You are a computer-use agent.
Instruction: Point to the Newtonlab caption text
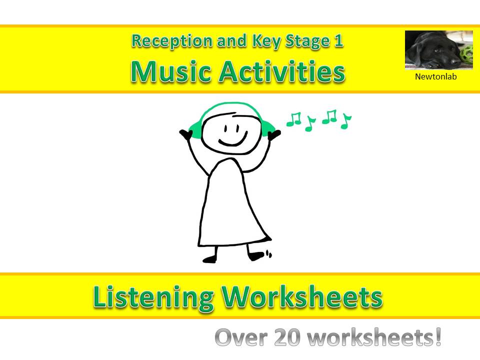coord(436,77)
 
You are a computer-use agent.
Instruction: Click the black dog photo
coord(438,49)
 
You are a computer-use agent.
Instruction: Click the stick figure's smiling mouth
coord(233,141)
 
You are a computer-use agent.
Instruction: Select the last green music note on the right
coord(345,121)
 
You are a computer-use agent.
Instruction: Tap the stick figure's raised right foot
coord(257,256)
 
